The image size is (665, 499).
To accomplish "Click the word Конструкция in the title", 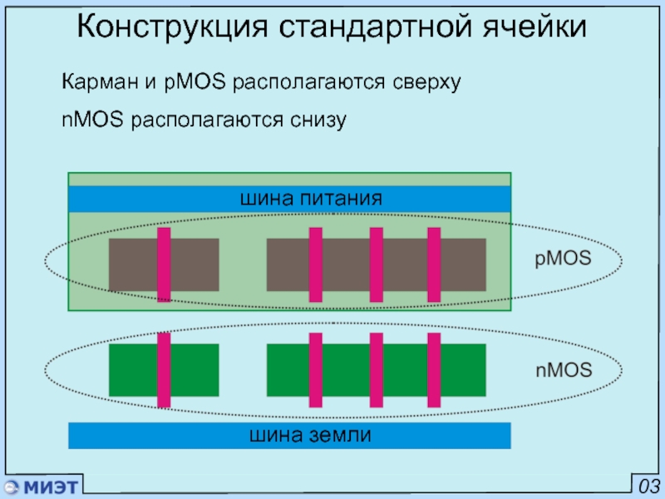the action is coord(172,27).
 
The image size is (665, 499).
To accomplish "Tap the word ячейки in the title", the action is coord(534,27).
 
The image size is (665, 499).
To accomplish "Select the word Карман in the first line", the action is coord(100,81).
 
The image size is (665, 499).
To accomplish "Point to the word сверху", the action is coord(426,82).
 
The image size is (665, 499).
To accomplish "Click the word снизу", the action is coord(318,120).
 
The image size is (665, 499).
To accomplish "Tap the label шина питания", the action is coord(311,198).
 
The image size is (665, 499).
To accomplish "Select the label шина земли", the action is coord(310,435).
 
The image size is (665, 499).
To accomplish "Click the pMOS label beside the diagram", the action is coord(563,258).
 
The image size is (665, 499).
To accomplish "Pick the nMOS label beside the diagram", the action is coord(564,370).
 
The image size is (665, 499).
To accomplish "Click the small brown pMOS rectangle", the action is coord(164,264).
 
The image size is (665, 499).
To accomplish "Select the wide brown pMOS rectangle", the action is coord(377,264).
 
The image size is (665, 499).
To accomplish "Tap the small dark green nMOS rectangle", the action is coord(164,370).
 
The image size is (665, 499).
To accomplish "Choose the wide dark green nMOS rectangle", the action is coord(377,370).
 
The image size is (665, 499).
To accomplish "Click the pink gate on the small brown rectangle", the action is coord(164,264).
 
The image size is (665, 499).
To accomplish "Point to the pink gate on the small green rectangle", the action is coord(164,370).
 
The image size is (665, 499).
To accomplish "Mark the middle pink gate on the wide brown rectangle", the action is coord(377,264).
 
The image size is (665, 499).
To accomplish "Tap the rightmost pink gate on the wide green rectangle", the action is coord(434,370).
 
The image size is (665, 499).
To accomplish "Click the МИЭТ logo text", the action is coord(51,487).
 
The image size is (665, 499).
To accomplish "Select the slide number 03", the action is coord(649,487).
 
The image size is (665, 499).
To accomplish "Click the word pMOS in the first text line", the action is coord(195,82).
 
